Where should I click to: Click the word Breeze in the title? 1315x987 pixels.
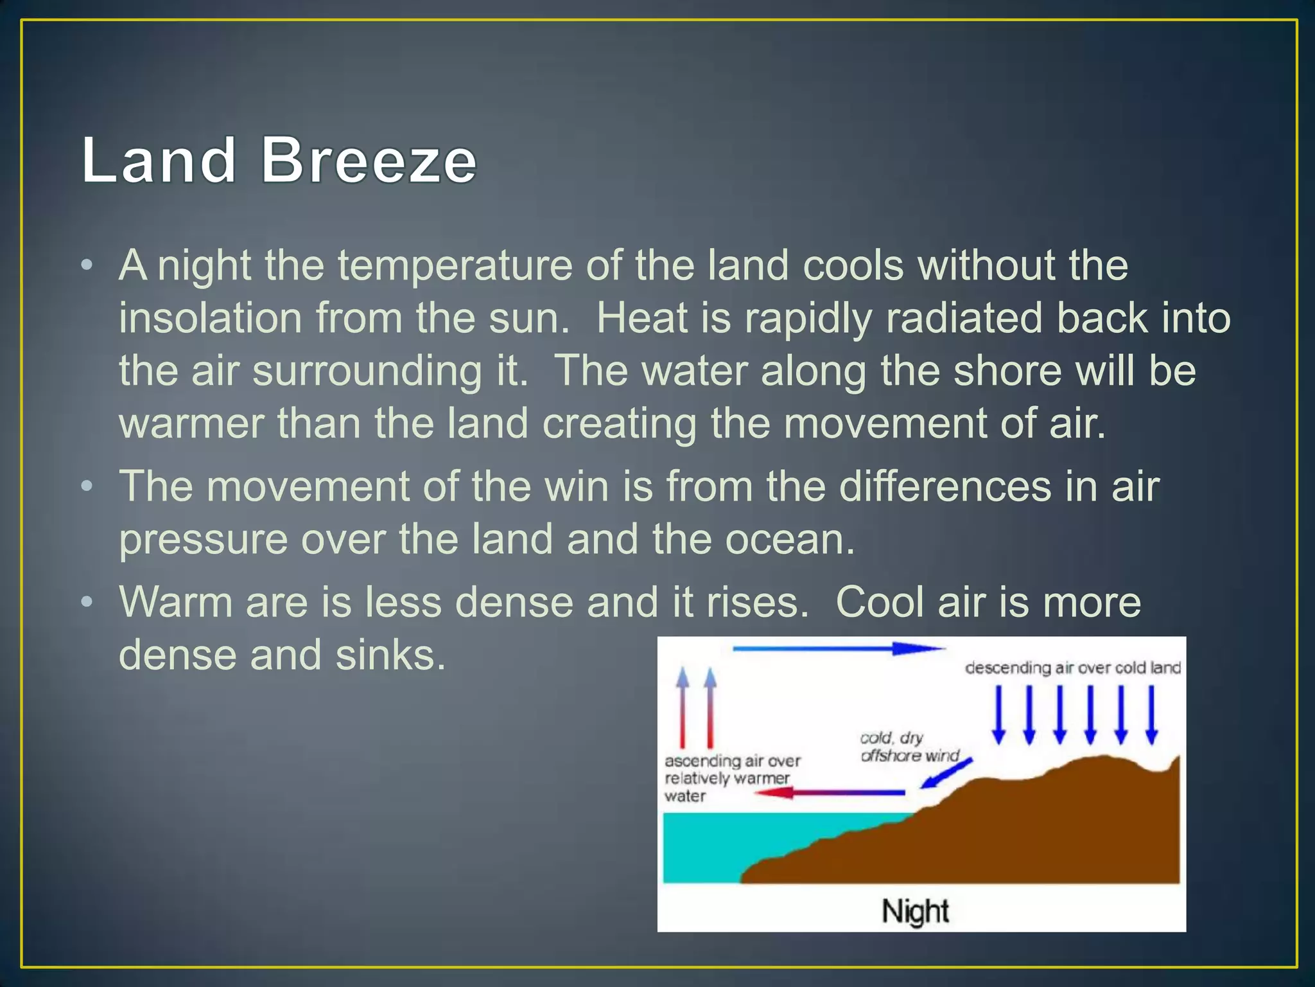[x=369, y=161]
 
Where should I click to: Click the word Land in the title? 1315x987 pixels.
[x=159, y=161]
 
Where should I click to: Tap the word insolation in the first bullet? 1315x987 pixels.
[x=210, y=319]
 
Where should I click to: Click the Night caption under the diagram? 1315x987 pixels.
[x=915, y=911]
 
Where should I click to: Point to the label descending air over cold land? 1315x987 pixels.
[x=1072, y=668]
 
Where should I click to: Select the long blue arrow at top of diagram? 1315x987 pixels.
[x=838, y=649]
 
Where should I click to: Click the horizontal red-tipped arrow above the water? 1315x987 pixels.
[x=828, y=793]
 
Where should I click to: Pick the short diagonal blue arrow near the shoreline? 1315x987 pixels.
[x=946, y=773]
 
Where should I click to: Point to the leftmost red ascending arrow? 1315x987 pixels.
[x=683, y=707]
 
